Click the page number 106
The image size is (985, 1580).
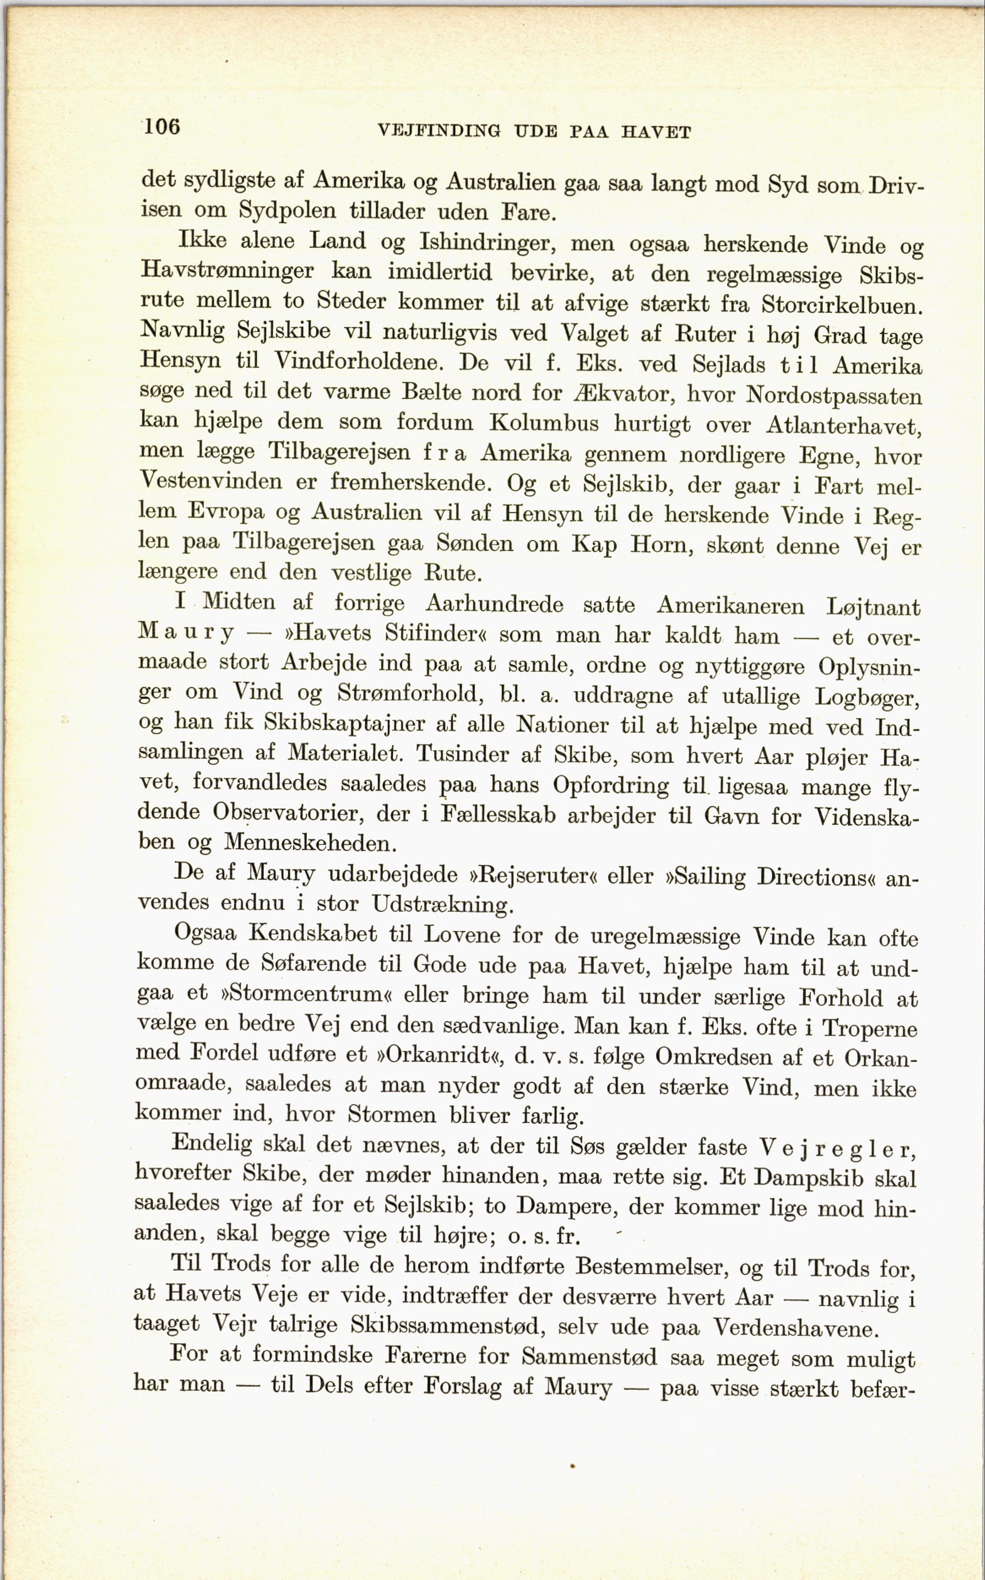tap(162, 126)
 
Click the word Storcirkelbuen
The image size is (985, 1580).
tap(842, 305)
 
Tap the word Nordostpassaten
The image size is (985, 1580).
tap(834, 395)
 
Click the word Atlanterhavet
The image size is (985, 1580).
tap(844, 426)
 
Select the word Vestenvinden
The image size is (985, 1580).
tap(211, 481)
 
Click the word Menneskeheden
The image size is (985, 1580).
tap(309, 843)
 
